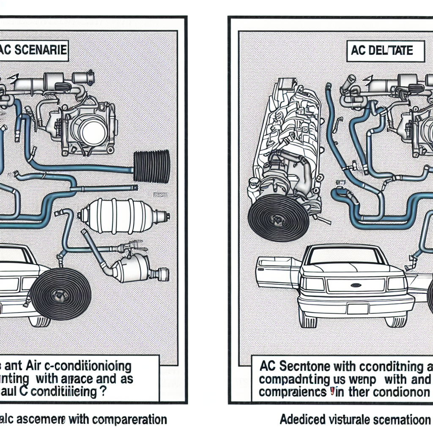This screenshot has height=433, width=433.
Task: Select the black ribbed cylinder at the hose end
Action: tap(151, 167)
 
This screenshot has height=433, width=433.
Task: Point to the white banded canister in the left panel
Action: tap(121, 216)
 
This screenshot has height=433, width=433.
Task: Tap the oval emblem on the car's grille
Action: tap(356, 285)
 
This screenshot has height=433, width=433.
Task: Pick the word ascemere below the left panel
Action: tap(40, 419)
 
